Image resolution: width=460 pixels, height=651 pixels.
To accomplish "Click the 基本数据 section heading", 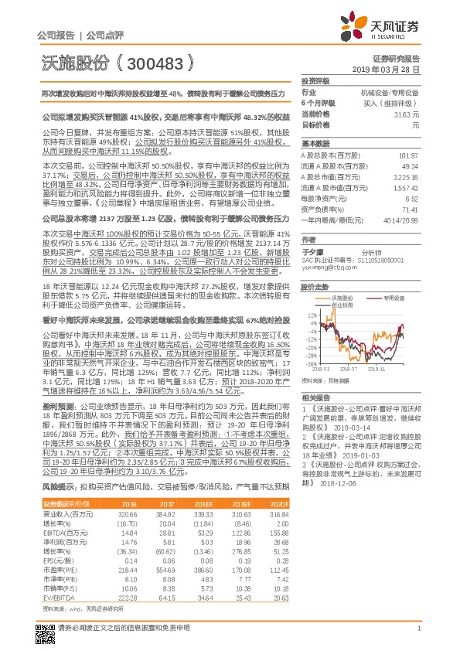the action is (315, 144).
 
